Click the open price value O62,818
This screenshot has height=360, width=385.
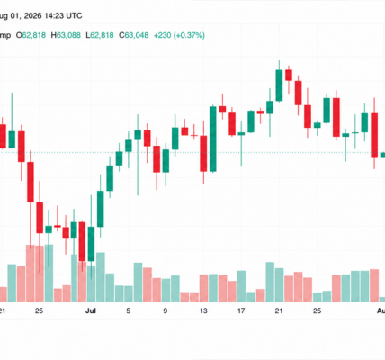click(31, 35)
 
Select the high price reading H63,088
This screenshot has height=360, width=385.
click(66, 35)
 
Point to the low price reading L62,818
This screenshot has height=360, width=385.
click(100, 35)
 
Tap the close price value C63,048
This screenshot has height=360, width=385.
click(134, 35)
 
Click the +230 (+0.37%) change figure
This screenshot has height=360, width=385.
click(179, 35)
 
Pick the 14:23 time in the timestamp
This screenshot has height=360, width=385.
click(54, 15)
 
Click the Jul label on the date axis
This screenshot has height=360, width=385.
click(91, 310)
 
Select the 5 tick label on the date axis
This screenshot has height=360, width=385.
click(129, 310)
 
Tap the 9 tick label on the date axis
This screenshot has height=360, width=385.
click(166, 310)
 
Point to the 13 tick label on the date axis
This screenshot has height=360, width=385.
click(203, 310)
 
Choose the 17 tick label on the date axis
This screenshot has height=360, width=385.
click(241, 310)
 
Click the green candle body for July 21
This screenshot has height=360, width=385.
click(279, 85)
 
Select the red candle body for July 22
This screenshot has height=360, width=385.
click(289, 75)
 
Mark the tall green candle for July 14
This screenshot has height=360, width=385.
click(213, 139)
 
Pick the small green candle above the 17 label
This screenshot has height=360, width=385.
click(241, 133)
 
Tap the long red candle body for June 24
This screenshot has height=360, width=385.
click(31, 182)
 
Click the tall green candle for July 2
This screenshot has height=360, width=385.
click(101, 209)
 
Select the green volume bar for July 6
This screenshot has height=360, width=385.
click(138, 282)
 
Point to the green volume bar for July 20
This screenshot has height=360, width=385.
click(270, 282)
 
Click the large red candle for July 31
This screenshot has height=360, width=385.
click(374, 135)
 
